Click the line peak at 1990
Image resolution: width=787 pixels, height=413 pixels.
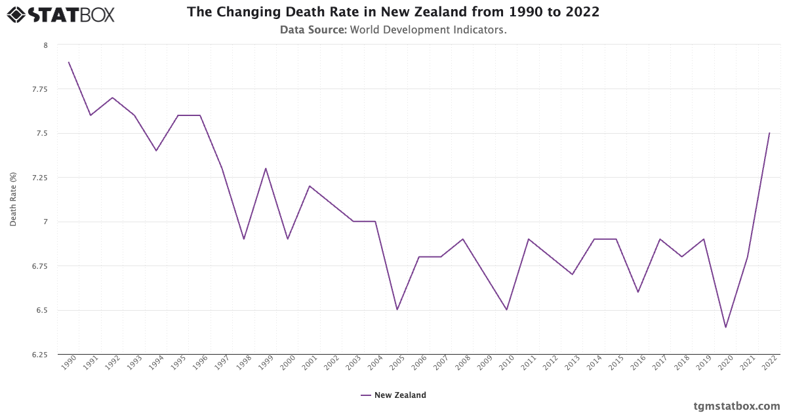pos(69,62)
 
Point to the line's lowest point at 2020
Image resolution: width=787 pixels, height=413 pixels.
pos(725,327)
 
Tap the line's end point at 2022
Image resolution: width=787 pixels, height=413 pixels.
pos(769,133)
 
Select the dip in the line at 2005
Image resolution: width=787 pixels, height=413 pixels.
pos(397,309)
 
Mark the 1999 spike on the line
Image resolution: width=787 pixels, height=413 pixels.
pos(266,168)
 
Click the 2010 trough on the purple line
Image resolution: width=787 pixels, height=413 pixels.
pos(506,309)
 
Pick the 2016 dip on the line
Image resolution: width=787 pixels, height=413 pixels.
pos(638,292)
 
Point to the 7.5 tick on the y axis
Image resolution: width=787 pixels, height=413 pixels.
pos(42,133)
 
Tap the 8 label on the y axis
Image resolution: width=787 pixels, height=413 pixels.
pos(45,45)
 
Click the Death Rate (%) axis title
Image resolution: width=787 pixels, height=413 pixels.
pos(13,199)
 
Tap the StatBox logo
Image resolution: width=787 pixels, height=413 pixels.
pos(61,14)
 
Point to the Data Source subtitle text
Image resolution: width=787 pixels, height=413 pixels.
pos(393,29)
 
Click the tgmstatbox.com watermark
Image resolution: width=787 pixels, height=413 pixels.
pos(737,406)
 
